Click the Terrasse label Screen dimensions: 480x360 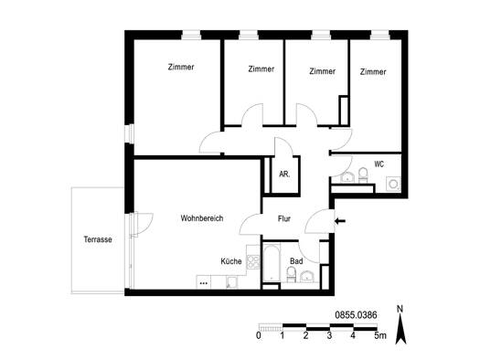(98, 239)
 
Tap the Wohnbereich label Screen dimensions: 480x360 (202, 218)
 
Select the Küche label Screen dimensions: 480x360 (231, 261)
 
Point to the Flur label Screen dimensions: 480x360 (284, 218)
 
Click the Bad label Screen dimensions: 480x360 (296, 261)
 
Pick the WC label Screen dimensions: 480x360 (379, 164)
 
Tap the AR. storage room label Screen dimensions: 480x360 (284, 174)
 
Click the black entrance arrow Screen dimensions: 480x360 (340, 221)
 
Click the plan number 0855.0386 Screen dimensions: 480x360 (356, 315)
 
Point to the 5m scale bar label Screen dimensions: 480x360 (380, 335)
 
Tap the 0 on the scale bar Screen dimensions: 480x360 (259, 335)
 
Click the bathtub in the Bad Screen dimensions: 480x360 (272, 263)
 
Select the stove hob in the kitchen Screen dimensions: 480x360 (253, 262)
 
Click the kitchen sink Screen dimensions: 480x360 (231, 282)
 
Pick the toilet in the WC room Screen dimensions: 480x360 (363, 175)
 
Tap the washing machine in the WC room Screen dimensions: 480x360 (393, 185)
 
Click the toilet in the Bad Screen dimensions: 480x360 (291, 274)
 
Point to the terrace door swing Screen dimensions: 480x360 (143, 224)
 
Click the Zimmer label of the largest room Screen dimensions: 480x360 (181, 67)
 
